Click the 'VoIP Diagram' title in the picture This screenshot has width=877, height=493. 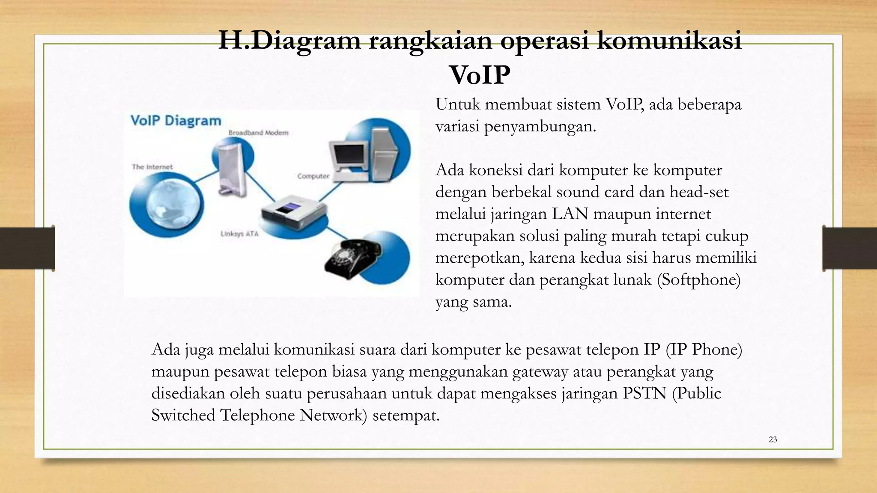point(176,121)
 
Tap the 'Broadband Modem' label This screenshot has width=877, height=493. point(258,133)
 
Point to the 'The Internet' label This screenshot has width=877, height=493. point(152,167)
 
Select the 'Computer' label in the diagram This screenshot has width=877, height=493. point(313,176)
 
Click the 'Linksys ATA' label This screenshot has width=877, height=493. point(239,234)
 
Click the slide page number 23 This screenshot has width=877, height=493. point(773,440)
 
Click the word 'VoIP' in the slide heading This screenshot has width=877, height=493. point(480,75)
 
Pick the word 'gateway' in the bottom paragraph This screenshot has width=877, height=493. point(540,371)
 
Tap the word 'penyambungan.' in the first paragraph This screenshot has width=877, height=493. point(540,127)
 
